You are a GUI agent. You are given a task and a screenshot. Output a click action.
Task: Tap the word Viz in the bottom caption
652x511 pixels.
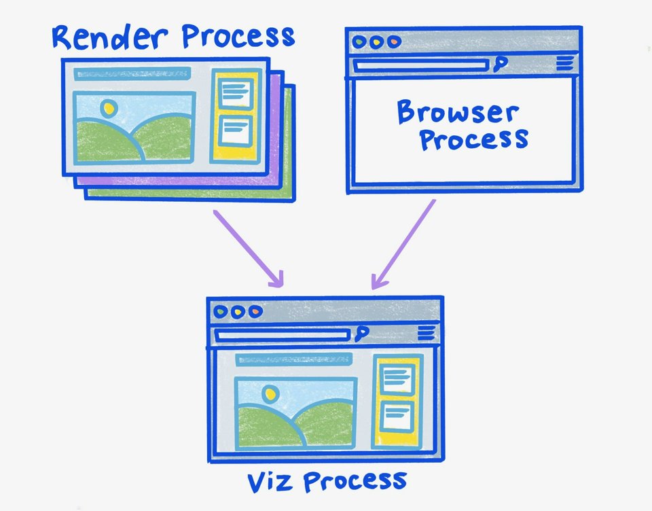[270, 481]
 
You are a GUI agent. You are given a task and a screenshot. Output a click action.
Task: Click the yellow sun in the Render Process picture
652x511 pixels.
[109, 107]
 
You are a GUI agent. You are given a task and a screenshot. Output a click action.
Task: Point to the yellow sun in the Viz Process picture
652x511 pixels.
[270, 393]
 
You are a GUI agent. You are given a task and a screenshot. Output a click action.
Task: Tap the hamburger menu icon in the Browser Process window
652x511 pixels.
[564, 64]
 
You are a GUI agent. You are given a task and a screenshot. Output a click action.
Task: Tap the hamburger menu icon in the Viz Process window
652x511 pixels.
[426, 332]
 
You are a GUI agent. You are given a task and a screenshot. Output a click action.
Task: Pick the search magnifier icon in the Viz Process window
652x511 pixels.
[361, 332]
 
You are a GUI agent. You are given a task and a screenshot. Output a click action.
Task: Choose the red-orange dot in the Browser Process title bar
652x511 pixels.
[393, 42]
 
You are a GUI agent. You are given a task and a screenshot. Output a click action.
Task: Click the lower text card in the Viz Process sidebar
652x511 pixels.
[397, 415]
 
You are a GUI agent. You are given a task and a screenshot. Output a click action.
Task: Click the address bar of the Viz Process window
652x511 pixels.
[283, 334]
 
